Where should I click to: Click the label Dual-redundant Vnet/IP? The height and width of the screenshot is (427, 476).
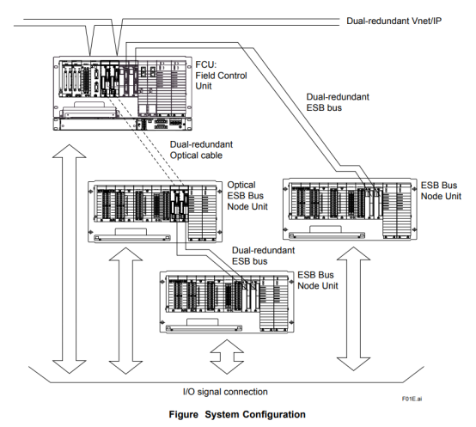coord(394,21)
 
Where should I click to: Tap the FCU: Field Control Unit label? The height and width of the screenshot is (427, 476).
coord(221,76)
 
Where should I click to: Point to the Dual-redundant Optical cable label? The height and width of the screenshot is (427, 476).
coord(201,149)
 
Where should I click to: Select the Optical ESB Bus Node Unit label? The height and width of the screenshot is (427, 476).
coord(247,195)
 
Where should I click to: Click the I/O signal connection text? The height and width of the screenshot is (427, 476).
coord(225,392)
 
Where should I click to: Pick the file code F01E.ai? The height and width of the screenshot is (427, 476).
coord(412,399)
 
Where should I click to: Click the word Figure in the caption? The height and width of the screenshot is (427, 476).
coord(183,414)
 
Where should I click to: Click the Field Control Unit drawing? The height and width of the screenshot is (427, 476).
coord(123,93)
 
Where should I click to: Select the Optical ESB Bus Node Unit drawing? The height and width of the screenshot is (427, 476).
coord(156,211)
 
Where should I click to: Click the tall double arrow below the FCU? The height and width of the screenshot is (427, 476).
coord(70,259)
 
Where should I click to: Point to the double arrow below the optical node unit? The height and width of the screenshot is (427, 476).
coord(125,311)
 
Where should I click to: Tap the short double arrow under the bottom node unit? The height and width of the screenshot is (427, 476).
coord(227,357)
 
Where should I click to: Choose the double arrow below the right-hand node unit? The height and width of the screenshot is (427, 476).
coord(354,308)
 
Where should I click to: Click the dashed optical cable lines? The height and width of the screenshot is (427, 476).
coord(145,140)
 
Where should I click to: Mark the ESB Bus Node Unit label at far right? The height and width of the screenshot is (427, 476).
coord(441,191)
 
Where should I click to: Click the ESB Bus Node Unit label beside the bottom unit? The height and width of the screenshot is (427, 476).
coord(318,280)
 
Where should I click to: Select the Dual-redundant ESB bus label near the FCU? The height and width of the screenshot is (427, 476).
coord(338,102)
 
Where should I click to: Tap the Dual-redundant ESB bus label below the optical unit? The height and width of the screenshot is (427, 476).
coord(263,255)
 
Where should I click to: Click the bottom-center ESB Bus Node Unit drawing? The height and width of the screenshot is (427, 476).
coord(227,302)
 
